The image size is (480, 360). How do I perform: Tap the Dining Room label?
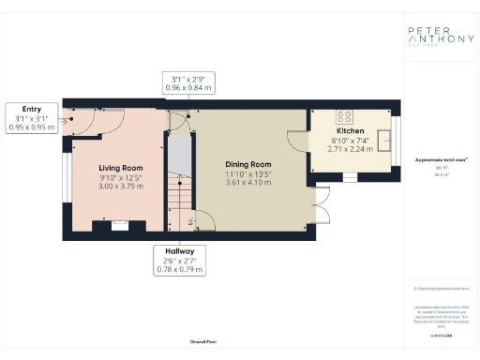[248, 163]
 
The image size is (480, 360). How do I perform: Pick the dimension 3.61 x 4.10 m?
[248, 182]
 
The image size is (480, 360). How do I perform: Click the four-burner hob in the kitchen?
[344, 118]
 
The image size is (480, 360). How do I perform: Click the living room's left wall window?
[67, 177]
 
